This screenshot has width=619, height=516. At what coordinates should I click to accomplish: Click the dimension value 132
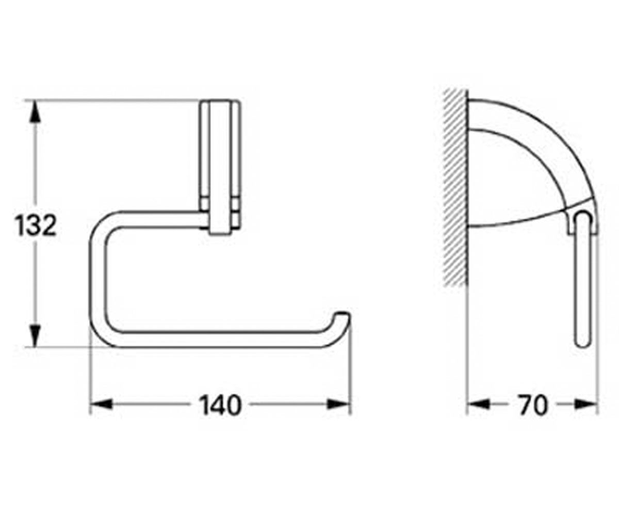36,225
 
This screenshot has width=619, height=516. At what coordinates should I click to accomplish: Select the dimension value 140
220,405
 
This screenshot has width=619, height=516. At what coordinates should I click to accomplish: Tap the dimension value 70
532,405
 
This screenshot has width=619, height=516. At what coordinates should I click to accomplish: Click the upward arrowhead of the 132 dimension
35,111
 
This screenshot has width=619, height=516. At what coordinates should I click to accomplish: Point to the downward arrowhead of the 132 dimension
35,336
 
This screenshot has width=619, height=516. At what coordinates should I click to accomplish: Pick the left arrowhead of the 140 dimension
101,405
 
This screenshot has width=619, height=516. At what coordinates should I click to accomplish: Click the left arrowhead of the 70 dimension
478,405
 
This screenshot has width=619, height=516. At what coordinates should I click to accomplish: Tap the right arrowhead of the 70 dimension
586,405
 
